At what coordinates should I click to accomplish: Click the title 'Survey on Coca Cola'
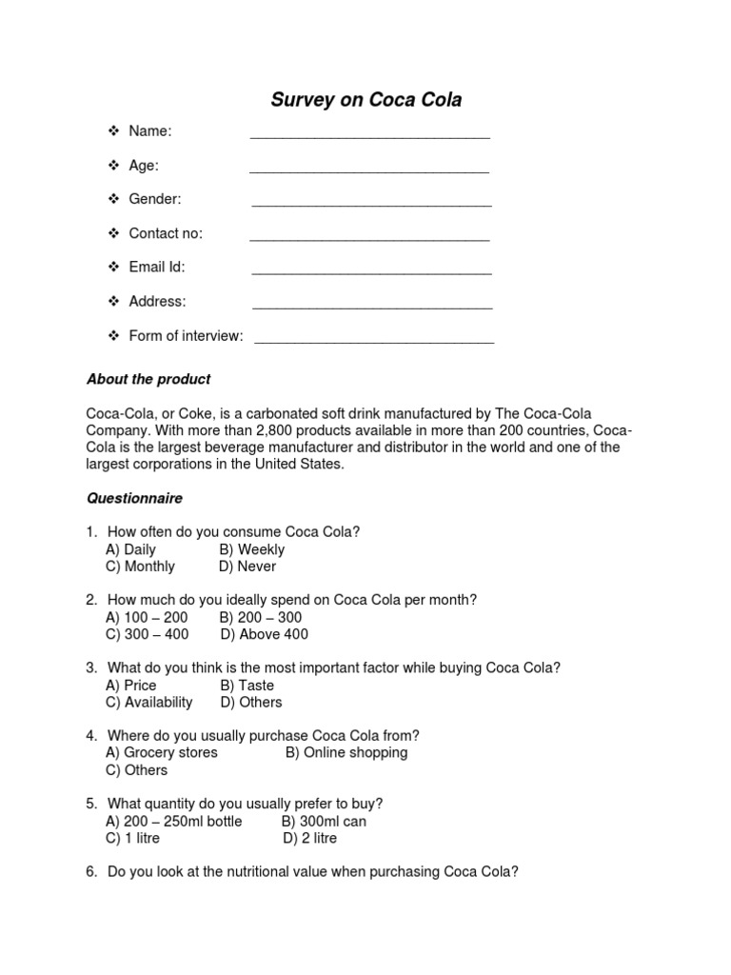pos(366,100)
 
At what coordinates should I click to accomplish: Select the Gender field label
pos(154,199)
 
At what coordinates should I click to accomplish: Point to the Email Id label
pos(156,267)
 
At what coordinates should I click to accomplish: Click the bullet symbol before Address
pos(112,301)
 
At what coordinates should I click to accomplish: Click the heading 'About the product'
pos(148,379)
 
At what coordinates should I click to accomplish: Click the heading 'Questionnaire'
pos(134,498)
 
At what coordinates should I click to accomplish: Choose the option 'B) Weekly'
pos(251,549)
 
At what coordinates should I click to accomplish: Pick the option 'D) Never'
pos(247,567)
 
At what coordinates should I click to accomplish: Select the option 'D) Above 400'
pos(265,634)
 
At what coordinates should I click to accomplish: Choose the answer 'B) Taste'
pos(247,685)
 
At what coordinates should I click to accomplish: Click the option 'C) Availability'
pos(149,702)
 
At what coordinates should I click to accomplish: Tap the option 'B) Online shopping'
pos(346,752)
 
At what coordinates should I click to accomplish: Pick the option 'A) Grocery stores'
pos(162,752)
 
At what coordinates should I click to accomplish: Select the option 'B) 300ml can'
pos(324,821)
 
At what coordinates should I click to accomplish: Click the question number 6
pos(91,871)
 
